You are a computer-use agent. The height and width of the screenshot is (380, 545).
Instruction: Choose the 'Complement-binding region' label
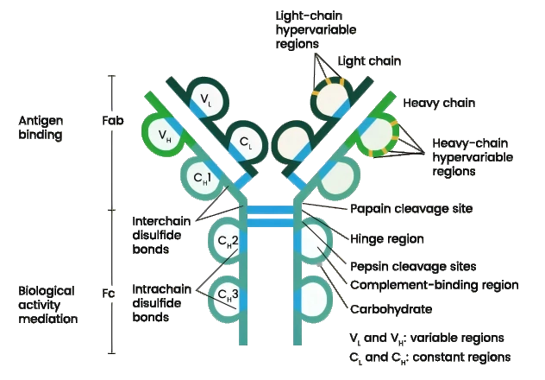[434, 283]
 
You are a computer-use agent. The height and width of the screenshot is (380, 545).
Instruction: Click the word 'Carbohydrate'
[391, 308]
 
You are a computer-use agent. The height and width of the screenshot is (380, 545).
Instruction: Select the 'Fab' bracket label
[113, 122]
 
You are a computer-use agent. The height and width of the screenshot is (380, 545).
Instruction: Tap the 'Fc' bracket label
[110, 294]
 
